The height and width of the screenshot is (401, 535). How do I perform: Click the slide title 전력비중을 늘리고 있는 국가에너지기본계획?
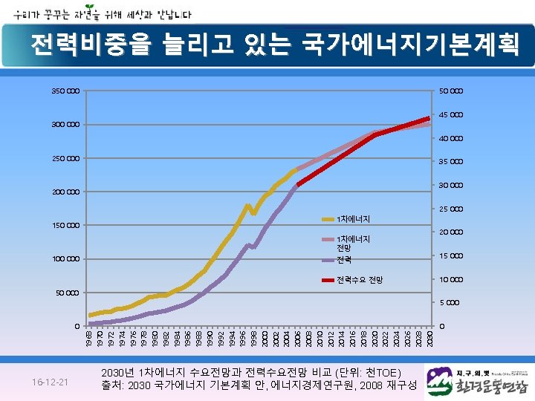pos(275,45)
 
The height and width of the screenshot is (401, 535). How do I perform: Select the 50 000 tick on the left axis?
pos(68,293)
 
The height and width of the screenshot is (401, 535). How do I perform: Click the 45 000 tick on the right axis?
pos(451,115)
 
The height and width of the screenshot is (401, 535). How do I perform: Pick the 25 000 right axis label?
pos(451,209)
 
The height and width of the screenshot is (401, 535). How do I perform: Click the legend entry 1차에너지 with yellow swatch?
pos(353,219)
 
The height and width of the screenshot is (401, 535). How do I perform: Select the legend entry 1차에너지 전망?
pos(353,243)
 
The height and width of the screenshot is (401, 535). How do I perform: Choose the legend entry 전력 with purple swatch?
pos(343,261)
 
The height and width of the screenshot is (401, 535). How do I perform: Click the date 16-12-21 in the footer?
pos(50,382)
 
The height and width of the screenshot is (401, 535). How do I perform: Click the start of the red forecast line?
pos(298,184)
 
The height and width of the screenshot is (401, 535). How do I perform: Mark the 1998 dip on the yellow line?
pos(254,214)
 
